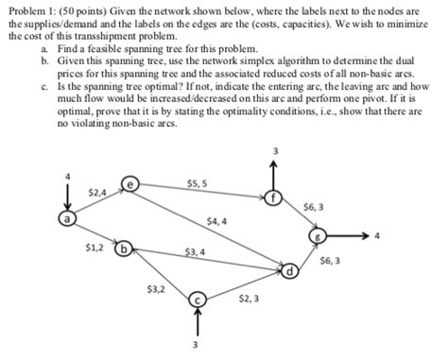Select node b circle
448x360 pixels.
coord(121,251)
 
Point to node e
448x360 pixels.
coord(131,184)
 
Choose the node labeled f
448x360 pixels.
coord(274,197)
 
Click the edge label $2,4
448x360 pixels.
coord(96,192)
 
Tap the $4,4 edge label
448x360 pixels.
coord(215,221)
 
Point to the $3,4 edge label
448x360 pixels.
coord(196,252)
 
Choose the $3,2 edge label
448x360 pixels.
coord(155,287)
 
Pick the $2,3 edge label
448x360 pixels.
coord(247,298)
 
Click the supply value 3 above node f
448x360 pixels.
coord(276,152)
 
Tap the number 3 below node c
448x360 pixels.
coord(196,345)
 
